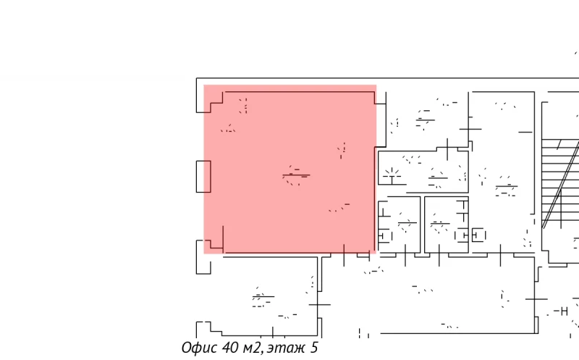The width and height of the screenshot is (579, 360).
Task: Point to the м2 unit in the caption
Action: tap(251, 348)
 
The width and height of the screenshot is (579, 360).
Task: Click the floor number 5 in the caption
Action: tap(313, 348)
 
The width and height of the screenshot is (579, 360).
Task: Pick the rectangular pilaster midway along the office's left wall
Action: tap(203, 176)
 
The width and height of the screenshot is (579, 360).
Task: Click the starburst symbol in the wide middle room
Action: tap(392, 173)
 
